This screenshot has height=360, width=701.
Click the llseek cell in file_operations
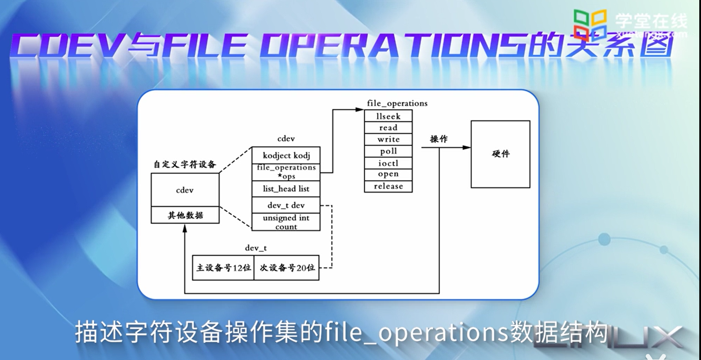[388, 116]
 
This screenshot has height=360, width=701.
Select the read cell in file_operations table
[388, 128]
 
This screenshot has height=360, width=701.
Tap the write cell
[388, 139]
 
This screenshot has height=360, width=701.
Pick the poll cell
[388, 151]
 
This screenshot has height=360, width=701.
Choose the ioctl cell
[388, 163]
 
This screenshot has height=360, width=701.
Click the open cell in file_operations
[388, 174]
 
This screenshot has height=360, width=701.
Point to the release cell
[388, 186]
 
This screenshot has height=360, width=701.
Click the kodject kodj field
[286, 155]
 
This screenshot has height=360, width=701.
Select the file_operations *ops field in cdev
[286, 172]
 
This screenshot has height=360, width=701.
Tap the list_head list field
[286, 189]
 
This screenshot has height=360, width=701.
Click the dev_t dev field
[286, 205]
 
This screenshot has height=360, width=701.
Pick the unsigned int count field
[286, 222]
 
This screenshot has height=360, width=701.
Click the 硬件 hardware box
[500, 154]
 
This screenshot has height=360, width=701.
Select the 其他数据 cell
[185, 215]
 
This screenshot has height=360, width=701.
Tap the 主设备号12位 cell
[223, 268]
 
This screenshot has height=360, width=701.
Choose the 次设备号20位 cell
[287, 268]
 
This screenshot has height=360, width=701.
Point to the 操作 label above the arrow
[439, 139]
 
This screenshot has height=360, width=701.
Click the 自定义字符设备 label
[185, 164]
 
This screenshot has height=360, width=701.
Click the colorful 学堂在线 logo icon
[590, 22]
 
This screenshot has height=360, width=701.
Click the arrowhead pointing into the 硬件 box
[467, 147]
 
